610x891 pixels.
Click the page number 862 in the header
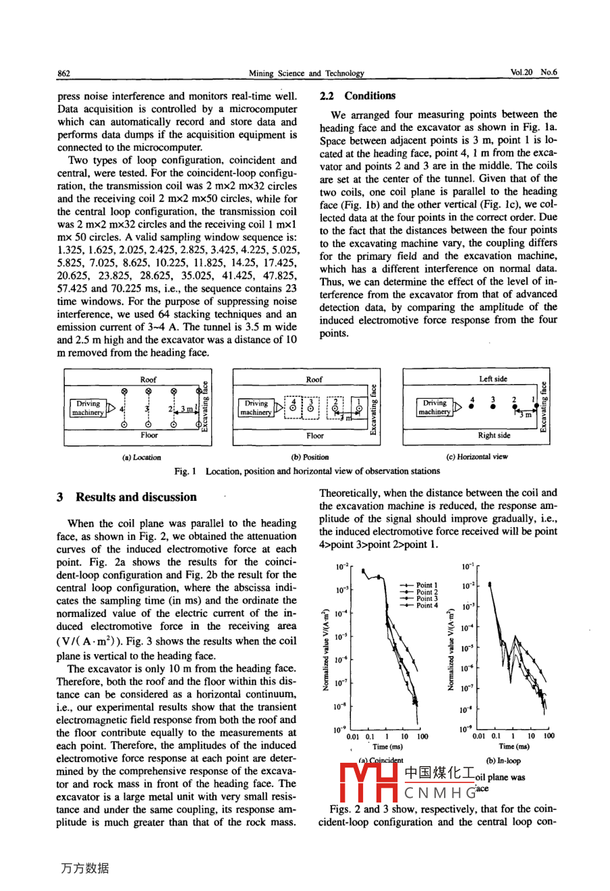65,73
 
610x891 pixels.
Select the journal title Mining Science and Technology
306,73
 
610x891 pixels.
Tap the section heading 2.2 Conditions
358,96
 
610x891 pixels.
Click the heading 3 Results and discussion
127,497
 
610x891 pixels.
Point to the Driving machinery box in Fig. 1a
88,408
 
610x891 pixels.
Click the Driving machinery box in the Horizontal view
435,407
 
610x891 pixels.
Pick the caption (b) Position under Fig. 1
310,457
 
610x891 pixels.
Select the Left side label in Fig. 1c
493,379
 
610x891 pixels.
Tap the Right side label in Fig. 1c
494,435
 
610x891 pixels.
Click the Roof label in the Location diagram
148,379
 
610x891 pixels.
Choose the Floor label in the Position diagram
314,435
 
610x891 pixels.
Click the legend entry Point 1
426,585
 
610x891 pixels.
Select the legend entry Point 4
426,605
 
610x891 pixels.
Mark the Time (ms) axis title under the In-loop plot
514,747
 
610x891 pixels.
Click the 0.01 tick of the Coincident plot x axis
353,736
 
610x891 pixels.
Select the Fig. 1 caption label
182,471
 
